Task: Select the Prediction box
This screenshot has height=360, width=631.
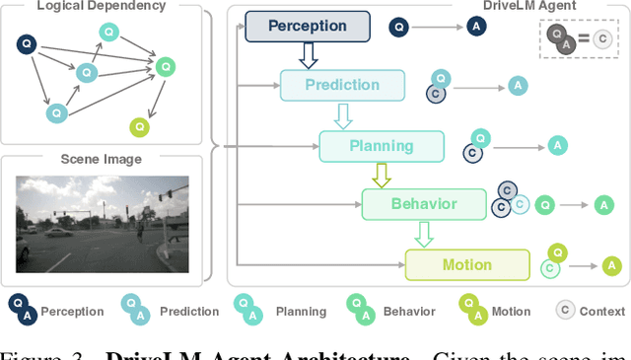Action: [342, 86]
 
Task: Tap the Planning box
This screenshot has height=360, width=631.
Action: [382, 146]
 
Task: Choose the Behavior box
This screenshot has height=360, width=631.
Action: [423, 204]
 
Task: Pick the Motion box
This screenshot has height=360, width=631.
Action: [467, 264]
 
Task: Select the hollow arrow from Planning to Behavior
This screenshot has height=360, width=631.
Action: [381, 176]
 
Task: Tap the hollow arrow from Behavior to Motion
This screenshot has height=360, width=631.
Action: [423, 235]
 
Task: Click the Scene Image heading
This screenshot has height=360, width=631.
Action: [102, 159]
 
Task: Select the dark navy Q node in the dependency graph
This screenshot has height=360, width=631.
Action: [27, 43]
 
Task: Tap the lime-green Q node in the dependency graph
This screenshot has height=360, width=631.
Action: [141, 126]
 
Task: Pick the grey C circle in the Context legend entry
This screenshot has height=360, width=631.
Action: [566, 311]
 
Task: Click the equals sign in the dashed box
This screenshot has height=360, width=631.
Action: [584, 39]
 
